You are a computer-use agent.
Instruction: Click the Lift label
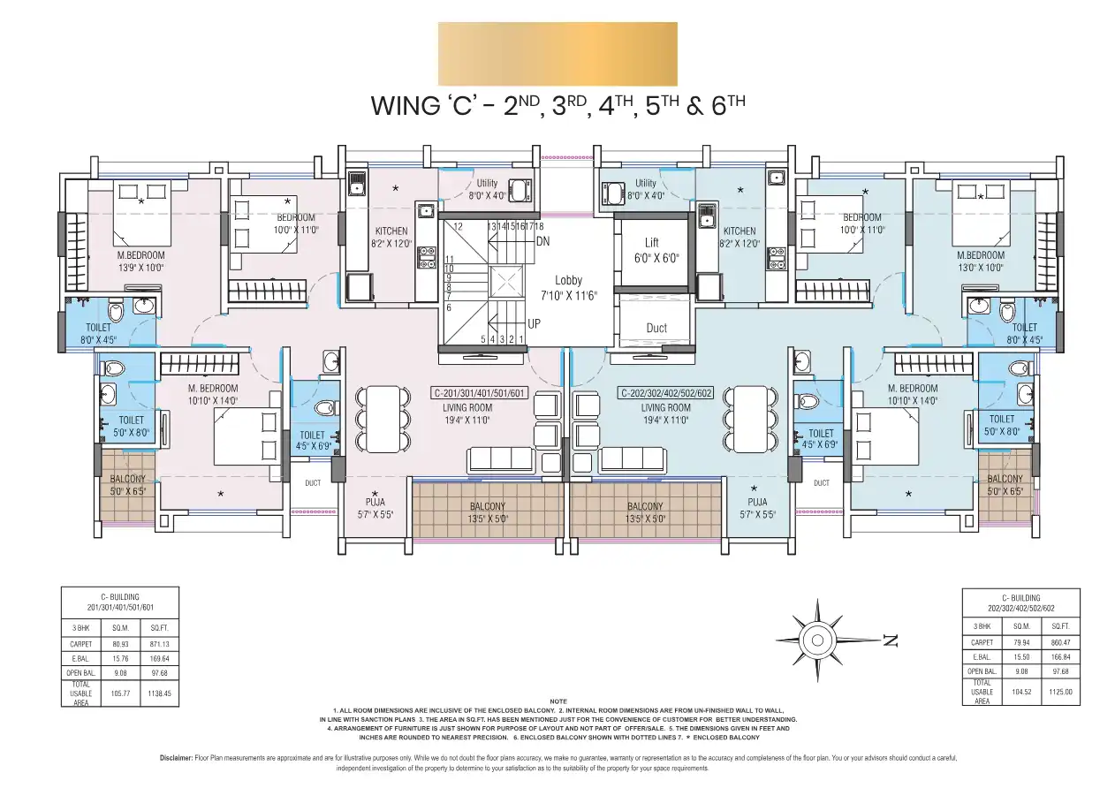[x=651, y=243]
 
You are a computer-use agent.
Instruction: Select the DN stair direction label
[x=543, y=240]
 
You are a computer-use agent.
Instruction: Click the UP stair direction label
[x=534, y=324]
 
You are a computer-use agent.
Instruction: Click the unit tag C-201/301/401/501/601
[x=480, y=393]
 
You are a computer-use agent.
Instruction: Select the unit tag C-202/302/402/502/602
[x=665, y=393]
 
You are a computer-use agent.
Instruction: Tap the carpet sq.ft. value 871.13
[x=160, y=644]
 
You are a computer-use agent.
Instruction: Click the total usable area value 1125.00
[x=1060, y=693]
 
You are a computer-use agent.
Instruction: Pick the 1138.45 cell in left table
[x=160, y=694]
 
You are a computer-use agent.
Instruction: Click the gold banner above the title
[x=557, y=54]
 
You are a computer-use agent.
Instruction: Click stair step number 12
[x=458, y=227]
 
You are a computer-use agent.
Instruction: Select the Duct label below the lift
[x=656, y=328]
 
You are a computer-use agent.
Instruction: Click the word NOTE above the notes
[x=557, y=701]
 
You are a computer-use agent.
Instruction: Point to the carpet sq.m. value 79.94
[x=1022, y=642]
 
